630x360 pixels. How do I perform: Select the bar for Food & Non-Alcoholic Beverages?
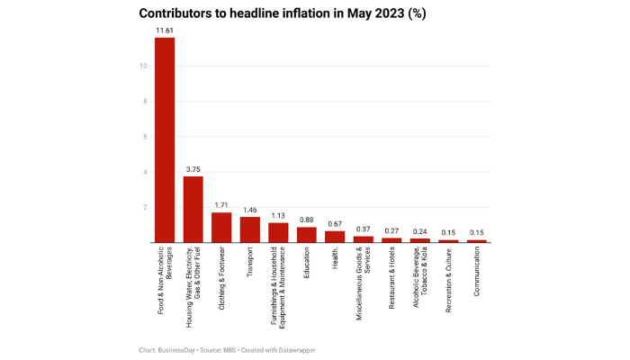pyautogui.click(x=165, y=139)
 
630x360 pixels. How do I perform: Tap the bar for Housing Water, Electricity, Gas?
pyautogui.click(x=193, y=209)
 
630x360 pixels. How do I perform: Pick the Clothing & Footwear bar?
pyautogui.click(x=221, y=227)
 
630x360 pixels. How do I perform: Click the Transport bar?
pyautogui.click(x=249, y=229)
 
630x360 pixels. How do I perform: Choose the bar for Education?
pyautogui.click(x=306, y=234)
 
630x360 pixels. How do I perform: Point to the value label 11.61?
pyautogui.click(x=165, y=30)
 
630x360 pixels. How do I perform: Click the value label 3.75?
pyautogui.click(x=193, y=168)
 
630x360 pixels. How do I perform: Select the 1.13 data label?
pyautogui.click(x=278, y=214)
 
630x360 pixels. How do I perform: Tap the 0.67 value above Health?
pyautogui.click(x=335, y=222)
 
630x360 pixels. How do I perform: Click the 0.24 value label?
pyautogui.click(x=419, y=230)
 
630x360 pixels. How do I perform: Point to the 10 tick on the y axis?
pyautogui.click(x=142, y=66)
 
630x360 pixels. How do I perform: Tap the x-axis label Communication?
pyautogui.click(x=476, y=279)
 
